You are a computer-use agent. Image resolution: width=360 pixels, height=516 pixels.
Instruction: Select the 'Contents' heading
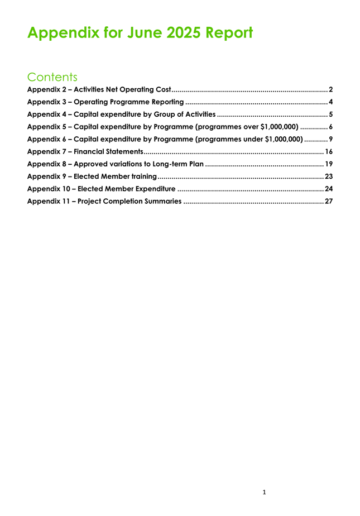[52, 77]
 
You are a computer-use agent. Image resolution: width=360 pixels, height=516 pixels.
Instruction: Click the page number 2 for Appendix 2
[331, 89]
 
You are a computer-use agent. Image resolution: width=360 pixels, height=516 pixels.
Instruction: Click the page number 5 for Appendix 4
[331, 114]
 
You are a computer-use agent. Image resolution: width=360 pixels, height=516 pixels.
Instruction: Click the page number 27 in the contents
[329, 201]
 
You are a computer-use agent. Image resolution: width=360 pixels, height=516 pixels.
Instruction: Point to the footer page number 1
[264, 492]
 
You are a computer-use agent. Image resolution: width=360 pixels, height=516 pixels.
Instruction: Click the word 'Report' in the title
[229, 32]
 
